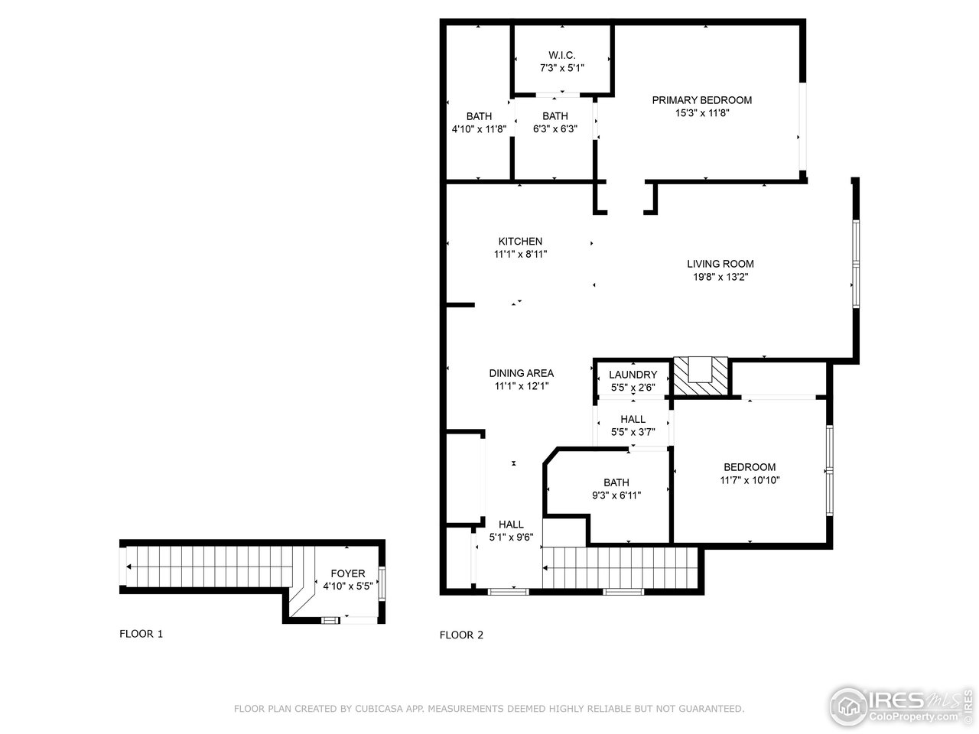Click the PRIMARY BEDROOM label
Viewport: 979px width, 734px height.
click(701, 100)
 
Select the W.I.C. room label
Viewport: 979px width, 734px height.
click(562, 55)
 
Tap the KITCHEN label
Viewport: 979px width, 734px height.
click(520, 242)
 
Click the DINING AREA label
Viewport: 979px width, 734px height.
click(521, 374)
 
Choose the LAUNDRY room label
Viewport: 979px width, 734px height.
click(633, 375)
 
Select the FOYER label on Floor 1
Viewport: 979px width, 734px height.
click(347, 573)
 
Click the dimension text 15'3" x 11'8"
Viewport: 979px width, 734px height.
click(701, 113)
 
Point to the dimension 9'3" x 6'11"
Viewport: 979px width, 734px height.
click(616, 495)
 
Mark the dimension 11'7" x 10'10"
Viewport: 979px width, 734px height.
click(750, 480)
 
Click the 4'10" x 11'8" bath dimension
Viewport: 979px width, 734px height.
click(479, 129)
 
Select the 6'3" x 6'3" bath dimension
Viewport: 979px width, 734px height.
click(555, 129)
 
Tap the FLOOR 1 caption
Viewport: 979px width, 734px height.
click(141, 634)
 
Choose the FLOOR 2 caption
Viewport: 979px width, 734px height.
click(461, 635)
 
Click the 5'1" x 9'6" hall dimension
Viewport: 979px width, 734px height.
click(511, 538)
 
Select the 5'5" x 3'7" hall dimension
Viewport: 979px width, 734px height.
click(633, 432)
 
